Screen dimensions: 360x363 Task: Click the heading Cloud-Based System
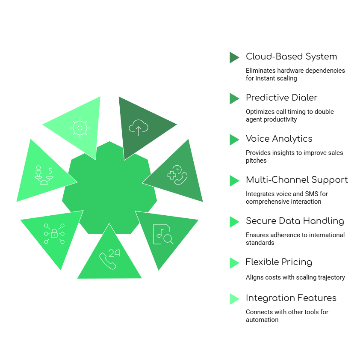tap(291, 57)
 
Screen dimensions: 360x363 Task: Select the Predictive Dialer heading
tap(281, 98)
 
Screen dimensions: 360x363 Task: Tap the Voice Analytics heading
tap(279, 139)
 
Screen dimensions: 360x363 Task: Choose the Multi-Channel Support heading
tap(297, 180)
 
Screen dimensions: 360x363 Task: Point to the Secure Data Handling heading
tap(295, 221)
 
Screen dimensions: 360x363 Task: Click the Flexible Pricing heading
tap(279, 262)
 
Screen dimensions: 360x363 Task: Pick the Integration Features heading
tap(291, 298)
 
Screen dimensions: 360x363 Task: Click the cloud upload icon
tap(139, 127)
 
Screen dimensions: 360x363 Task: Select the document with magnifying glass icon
tap(163, 234)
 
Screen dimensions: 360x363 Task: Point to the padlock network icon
tap(54, 234)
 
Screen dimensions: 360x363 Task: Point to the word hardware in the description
tap(292, 71)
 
